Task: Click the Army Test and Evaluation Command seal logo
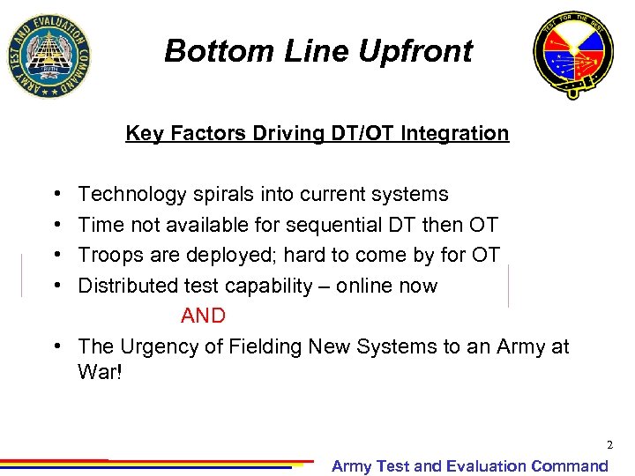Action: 48,56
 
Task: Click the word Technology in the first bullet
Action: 133,194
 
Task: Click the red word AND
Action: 203,316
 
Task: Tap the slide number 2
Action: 609,445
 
